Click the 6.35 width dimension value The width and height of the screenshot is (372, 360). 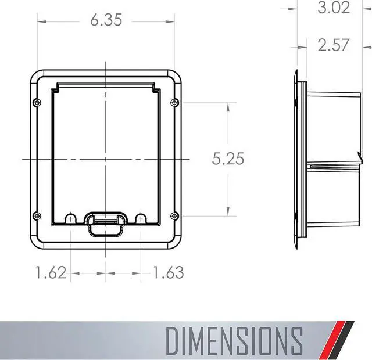[106, 20]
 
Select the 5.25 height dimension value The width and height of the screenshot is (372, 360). [228, 159]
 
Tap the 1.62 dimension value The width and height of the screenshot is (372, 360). [51, 272]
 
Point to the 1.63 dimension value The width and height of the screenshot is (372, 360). [168, 272]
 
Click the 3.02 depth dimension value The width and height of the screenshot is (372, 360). [334, 8]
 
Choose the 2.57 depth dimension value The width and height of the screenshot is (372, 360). [333, 45]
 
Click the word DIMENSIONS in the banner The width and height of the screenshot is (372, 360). [234, 341]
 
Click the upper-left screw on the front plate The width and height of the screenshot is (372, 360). [37, 103]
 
